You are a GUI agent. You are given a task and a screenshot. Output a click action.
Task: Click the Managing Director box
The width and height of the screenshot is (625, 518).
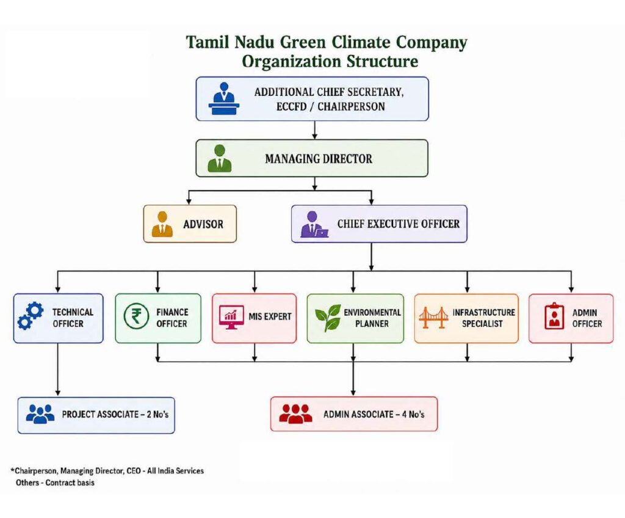312,158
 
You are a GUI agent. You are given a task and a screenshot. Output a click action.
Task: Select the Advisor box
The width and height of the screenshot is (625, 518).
190,224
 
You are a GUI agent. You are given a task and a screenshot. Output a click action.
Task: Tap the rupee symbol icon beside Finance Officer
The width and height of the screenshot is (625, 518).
136,316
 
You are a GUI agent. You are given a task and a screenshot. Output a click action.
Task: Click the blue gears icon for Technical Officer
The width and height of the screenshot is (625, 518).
31,316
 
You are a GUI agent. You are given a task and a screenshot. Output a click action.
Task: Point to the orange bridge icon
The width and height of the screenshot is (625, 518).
433,318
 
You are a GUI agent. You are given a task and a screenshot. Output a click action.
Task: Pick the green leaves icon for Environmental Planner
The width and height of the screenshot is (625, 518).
328,318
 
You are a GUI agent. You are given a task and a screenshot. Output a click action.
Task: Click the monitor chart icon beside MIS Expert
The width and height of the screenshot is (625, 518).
231,317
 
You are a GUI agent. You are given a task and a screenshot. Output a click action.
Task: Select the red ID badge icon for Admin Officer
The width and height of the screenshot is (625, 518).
554,316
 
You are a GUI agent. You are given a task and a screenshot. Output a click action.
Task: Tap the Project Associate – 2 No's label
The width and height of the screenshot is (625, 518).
115,414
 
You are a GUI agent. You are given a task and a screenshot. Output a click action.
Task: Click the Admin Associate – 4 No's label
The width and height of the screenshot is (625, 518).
374,414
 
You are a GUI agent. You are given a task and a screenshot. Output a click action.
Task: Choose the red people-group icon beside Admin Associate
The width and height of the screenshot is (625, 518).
295,414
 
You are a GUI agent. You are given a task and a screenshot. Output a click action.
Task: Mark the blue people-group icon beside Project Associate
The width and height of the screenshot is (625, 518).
40,414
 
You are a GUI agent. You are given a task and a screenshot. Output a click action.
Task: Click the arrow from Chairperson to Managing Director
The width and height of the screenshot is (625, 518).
314,130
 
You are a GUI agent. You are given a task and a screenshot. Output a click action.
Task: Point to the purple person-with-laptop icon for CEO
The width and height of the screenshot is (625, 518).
314,224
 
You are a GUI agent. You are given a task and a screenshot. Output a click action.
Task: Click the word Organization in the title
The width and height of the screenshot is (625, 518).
291,62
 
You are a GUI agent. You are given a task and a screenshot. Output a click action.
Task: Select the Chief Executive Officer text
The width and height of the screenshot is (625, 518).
398,224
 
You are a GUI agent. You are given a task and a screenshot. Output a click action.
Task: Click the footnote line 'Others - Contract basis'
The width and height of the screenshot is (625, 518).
55,483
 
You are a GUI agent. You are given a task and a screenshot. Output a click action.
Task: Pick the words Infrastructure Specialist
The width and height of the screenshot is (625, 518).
483,318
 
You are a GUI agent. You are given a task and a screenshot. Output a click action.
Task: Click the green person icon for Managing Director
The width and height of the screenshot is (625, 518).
219,158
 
